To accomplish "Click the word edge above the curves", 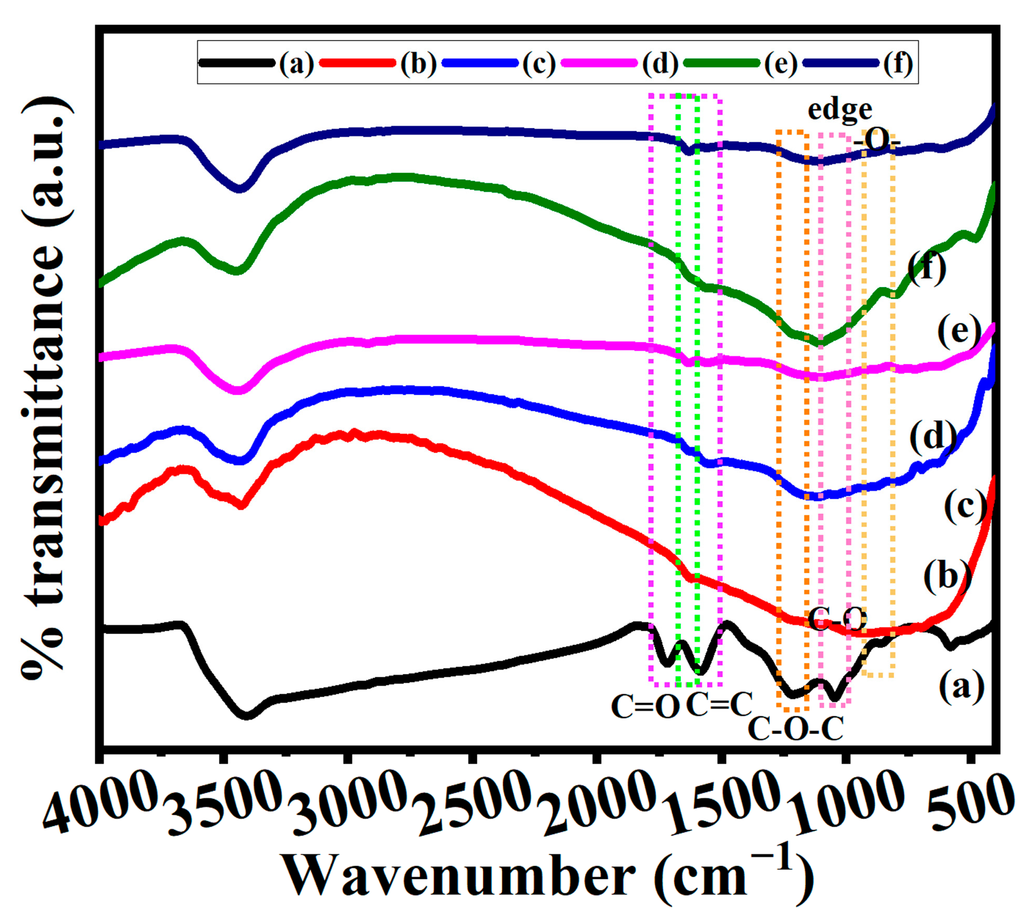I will tap(840, 110).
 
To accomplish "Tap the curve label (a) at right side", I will tap(962, 687).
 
